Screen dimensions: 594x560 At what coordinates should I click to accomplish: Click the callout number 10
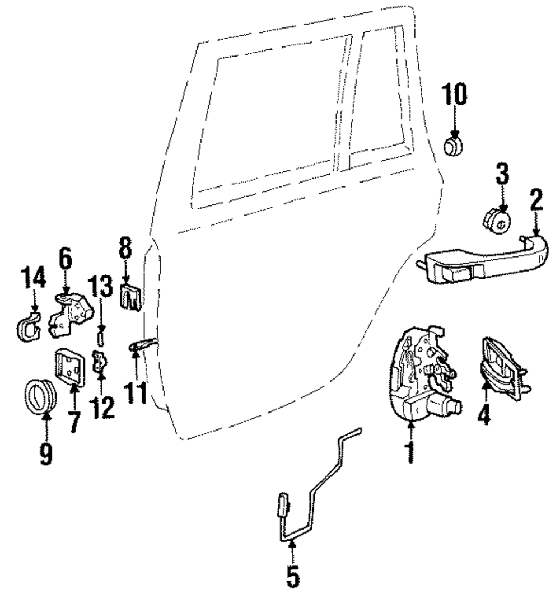(455, 95)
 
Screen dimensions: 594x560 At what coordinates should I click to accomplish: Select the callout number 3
(502, 174)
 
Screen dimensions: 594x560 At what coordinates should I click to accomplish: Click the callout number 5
(292, 577)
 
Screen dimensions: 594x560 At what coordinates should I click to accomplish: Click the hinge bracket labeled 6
(70, 315)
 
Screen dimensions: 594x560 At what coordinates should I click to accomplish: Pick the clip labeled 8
(129, 296)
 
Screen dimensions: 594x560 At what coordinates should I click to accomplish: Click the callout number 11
(136, 391)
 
